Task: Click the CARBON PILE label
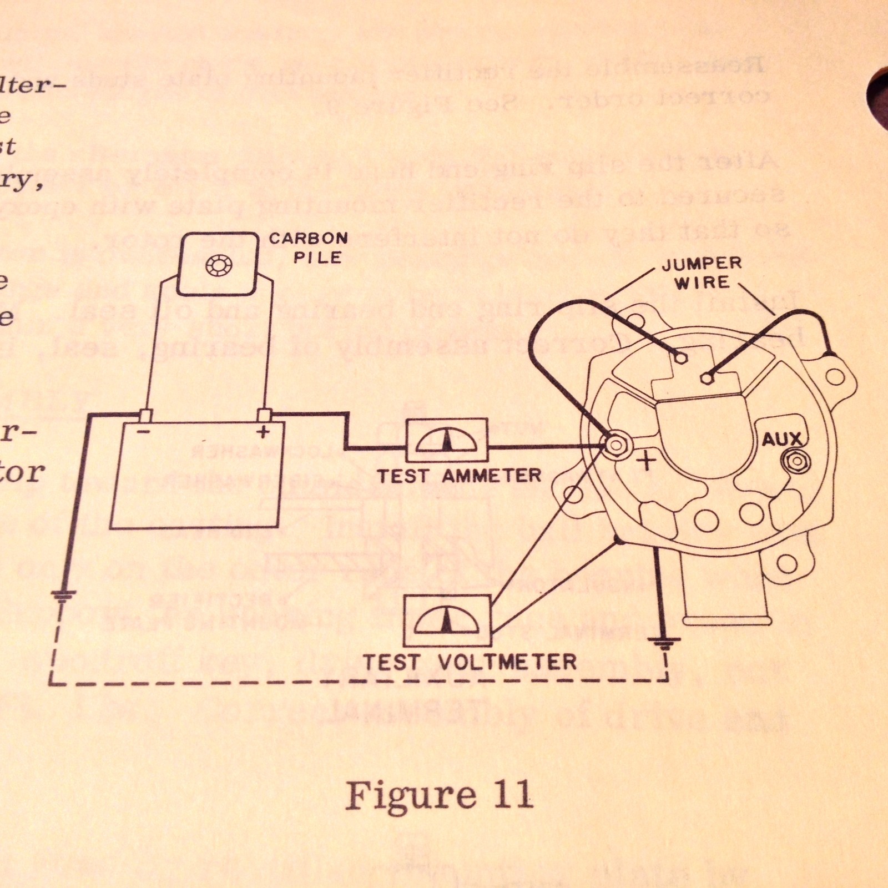(x=308, y=248)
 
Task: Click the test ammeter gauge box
(x=447, y=441)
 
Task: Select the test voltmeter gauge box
(x=447, y=620)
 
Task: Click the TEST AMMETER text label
(x=458, y=476)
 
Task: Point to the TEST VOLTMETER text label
(x=470, y=662)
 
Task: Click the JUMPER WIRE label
(x=702, y=273)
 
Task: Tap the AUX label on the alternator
(x=781, y=440)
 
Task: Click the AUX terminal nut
(x=795, y=462)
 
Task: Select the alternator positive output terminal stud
(x=615, y=445)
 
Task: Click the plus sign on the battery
(x=263, y=432)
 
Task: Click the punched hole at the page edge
(x=878, y=100)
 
